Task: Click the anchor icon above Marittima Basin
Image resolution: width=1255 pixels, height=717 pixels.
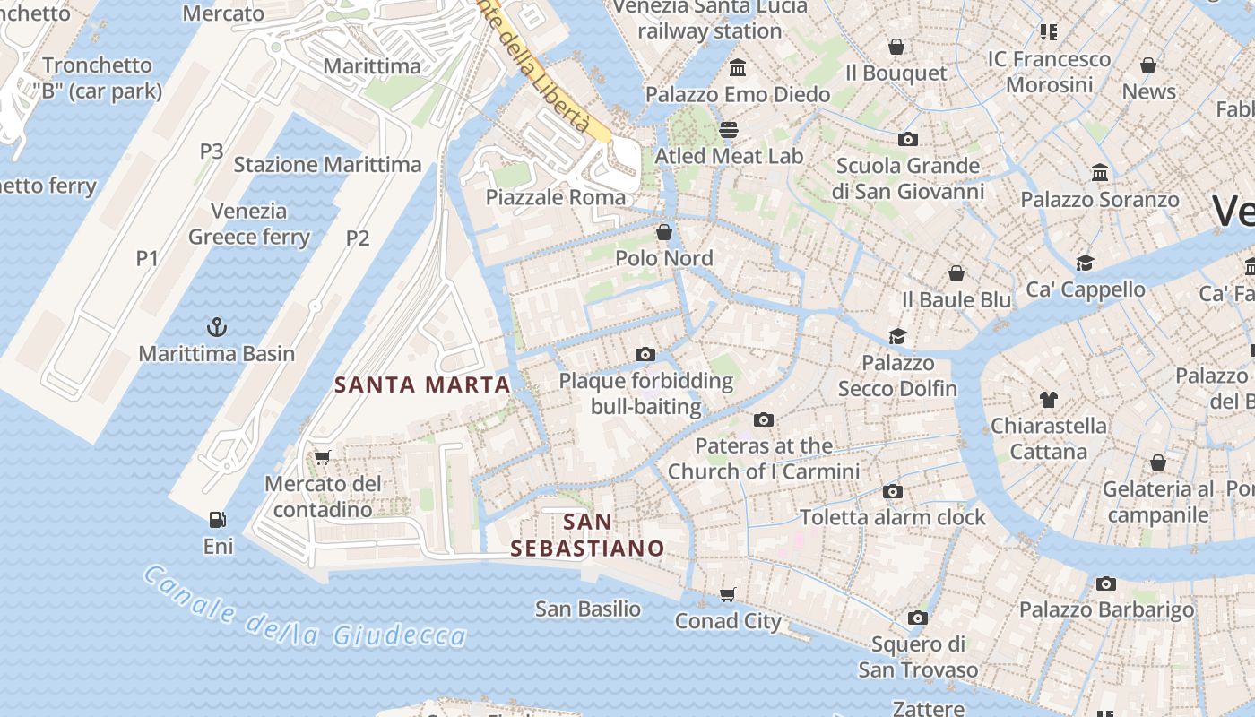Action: coord(216,326)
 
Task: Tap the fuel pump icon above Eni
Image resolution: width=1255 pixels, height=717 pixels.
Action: coord(217,519)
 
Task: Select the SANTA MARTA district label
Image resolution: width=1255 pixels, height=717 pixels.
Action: coord(422,385)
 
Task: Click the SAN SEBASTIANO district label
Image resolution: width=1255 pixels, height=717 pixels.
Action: coord(588,535)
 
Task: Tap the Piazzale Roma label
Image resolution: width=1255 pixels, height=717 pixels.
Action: coord(556,197)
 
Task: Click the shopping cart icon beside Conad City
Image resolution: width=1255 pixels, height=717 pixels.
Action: coord(728,595)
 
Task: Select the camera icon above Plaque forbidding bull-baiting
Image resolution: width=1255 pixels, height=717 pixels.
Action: coord(645,355)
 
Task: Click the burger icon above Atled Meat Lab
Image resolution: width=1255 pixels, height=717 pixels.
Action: coord(729,129)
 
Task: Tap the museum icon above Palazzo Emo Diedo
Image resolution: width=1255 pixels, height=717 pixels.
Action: coord(738,68)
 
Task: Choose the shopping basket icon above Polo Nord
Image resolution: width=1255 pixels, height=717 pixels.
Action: coord(664,232)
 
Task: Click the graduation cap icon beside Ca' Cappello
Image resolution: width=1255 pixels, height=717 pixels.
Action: coord(1086,263)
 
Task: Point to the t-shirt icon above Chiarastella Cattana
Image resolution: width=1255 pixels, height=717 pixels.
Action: coord(1048,400)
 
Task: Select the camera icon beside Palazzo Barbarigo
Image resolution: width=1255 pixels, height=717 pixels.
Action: coord(1106,584)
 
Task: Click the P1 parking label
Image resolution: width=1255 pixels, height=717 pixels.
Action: coord(147,259)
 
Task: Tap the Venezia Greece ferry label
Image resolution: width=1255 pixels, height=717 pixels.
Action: coord(249,225)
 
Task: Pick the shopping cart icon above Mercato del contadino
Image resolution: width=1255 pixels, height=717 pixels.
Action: coord(323,457)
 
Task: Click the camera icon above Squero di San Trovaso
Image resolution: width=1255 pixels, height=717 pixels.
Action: coord(917,618)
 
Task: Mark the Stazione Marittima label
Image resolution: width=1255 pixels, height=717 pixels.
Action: coord(327,165)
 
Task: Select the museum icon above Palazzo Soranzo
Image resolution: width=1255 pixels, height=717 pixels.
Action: coord(1099,173)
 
